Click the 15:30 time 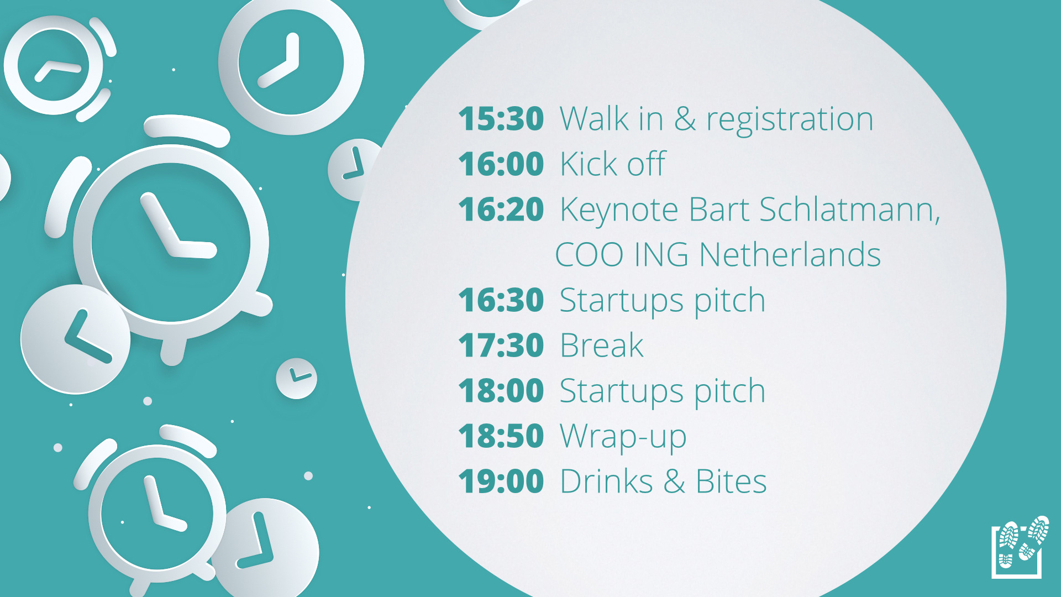[501, 119]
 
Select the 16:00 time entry [501, 164]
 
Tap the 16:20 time [501, 210]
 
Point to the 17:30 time [501, 345]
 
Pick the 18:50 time [501, 436]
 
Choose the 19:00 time [501, 481]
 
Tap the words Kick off [613, 164]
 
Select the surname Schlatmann [849, 210]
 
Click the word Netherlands [790, 255]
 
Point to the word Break [602, 345]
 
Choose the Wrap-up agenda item [623, 438]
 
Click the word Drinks [607, 481]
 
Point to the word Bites [731, 481]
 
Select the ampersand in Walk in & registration [685, 119]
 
